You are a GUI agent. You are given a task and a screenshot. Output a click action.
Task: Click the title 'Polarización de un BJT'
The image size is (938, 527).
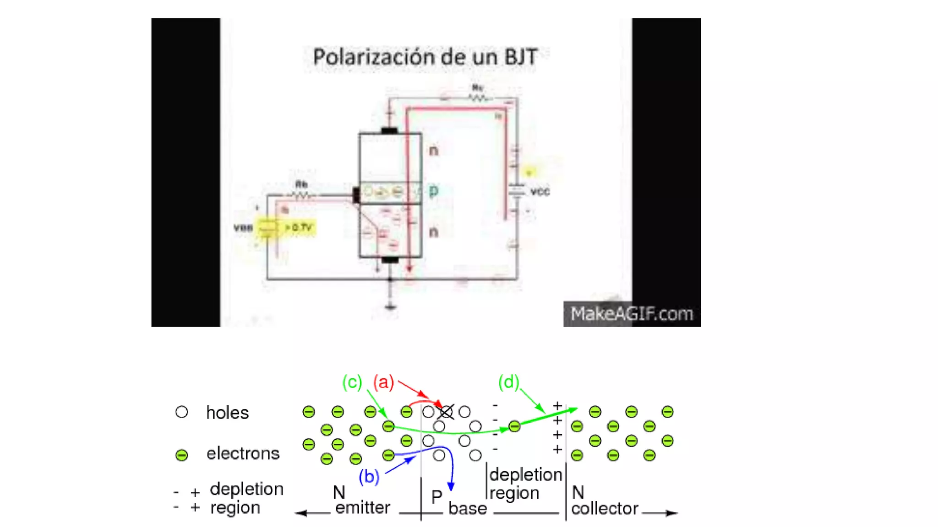pyautogui.click(x=425, y=57)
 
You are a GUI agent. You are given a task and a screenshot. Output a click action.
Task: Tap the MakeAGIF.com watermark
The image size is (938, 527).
pyautogui.click(x=631, y=314)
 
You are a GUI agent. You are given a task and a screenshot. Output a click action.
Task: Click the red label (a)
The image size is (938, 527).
pyautogui.click(x=383, y=382)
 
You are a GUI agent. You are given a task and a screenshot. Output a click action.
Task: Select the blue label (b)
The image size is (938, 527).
pyautogui.click(x=369, y=476)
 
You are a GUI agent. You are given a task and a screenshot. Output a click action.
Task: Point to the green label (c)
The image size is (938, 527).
pyautogui.click(x=352, y=382)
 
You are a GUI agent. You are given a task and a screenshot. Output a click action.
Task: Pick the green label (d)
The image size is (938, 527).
pyautogui.click(x=508, y=382)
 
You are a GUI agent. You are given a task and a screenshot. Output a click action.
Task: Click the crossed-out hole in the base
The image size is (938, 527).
pyautogui.click(x=446, y=412)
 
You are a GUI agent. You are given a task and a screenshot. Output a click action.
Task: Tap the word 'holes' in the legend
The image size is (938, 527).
pyautogui.click(x=227, y=413)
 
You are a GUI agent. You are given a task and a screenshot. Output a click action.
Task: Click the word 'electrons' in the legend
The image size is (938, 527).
pyautogui.click(x=243, y=453)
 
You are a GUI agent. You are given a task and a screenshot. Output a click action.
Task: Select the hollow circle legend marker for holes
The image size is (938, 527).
pyautogui.click(x=182, y=412)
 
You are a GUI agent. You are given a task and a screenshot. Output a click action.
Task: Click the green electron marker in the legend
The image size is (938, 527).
pyautogui.click(x=182, y=455)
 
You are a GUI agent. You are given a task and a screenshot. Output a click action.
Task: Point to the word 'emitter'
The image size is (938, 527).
pyautogui.click(x=362, y=507)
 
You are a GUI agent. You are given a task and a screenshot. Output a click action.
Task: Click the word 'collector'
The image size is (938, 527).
pyautogui.click(x=605, y=508)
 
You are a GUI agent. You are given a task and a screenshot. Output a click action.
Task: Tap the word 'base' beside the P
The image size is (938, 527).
pyautogui.click(x=467, y=508)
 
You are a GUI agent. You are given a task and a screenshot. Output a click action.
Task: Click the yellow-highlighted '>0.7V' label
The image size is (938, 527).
pyautogui.click(x=300, y=227)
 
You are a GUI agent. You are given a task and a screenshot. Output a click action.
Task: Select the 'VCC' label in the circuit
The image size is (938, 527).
pyautogui.click(x=540, y=192)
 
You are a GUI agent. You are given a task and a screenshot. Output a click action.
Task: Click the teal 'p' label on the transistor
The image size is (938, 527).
pyautogui.click(x=433, y=190)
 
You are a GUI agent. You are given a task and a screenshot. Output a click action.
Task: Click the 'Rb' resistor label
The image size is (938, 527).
pyautogui.click(x=301, y=184)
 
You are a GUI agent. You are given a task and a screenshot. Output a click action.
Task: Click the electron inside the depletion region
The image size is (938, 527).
pyautogui.click(x=514, y=426)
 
